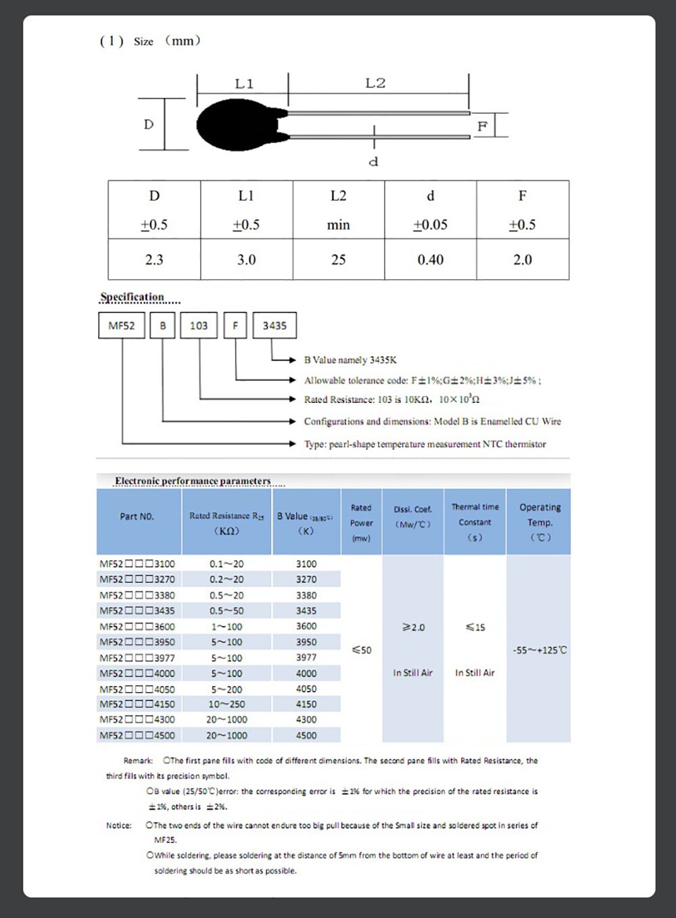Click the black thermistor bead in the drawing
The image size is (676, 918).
[x=233, y=125]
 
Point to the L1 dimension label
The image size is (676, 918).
[x=244, y=84]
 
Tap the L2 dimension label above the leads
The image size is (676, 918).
[x=375, y=83]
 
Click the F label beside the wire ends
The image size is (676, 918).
[x=482, y=126]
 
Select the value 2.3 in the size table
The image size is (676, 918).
[x=154, y=260]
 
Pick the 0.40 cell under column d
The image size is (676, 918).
[x=431, y=260]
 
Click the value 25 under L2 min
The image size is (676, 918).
[x=338, y=260]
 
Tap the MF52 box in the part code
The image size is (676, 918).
[x=122, y=325]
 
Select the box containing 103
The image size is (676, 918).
[x=199, y=325]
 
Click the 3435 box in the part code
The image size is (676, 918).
[x=274, y=325]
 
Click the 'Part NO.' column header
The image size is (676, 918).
[x=137, y=516]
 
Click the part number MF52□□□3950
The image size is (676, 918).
[x=137, y=642]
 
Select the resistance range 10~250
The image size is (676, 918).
[x=226, y=704]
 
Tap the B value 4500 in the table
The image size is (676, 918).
[x=306, y=735]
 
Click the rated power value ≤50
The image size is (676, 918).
[x=362, y=650]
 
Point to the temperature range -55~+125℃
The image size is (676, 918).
[x=539, y=650]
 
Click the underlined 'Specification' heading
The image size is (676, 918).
[x=132, y=297]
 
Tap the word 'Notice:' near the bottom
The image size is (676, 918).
[x=119, y=825]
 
